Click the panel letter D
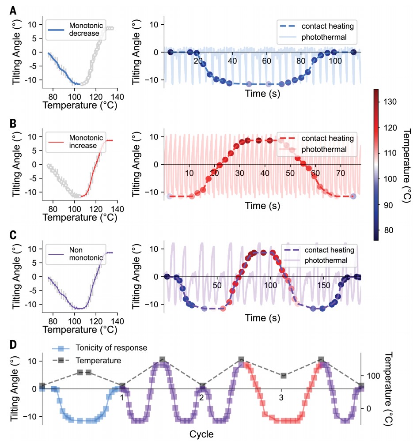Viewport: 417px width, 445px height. [x=14, y=343]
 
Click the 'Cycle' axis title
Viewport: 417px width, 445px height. [x=201, y=434]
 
